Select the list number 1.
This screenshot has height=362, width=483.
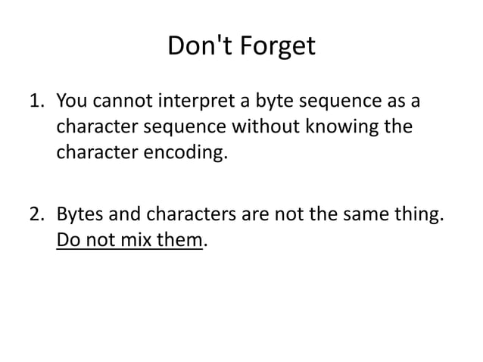[36, 101]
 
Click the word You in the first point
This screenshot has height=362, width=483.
[73, 101]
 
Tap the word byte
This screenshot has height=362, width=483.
[276, 101]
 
